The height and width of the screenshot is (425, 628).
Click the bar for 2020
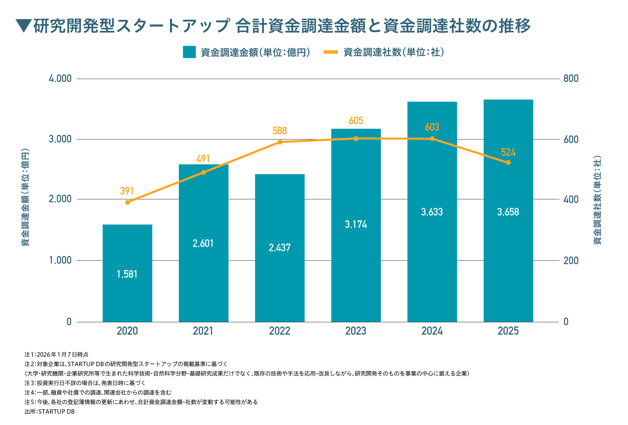click(127, 273)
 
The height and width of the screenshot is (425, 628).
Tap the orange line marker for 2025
click(508, 162)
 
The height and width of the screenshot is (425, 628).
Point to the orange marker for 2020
click(128, 202)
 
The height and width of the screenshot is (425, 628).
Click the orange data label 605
click(356, 121)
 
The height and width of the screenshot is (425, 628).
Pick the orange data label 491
click(203, 159)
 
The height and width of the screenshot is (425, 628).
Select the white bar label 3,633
click(432, 212)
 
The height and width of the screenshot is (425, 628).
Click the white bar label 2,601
click(203, 244)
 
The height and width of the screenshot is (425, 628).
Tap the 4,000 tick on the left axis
click(60, 79)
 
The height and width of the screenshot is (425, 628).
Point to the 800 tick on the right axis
click(571, 79)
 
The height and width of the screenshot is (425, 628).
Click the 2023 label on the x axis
click(356, 331)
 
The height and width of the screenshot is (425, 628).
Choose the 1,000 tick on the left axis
click(60, 260)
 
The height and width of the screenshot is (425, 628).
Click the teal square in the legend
click(189, 52)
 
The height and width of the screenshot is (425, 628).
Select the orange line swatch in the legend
click(330, 52)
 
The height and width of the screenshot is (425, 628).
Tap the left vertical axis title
click(25, 197)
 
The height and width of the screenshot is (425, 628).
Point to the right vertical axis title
click(597, 200)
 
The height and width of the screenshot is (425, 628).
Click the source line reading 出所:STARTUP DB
click(49, 412)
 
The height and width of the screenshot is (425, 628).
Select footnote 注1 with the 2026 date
click(56, 355)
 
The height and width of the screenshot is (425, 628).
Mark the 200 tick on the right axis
click(571, 261)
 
